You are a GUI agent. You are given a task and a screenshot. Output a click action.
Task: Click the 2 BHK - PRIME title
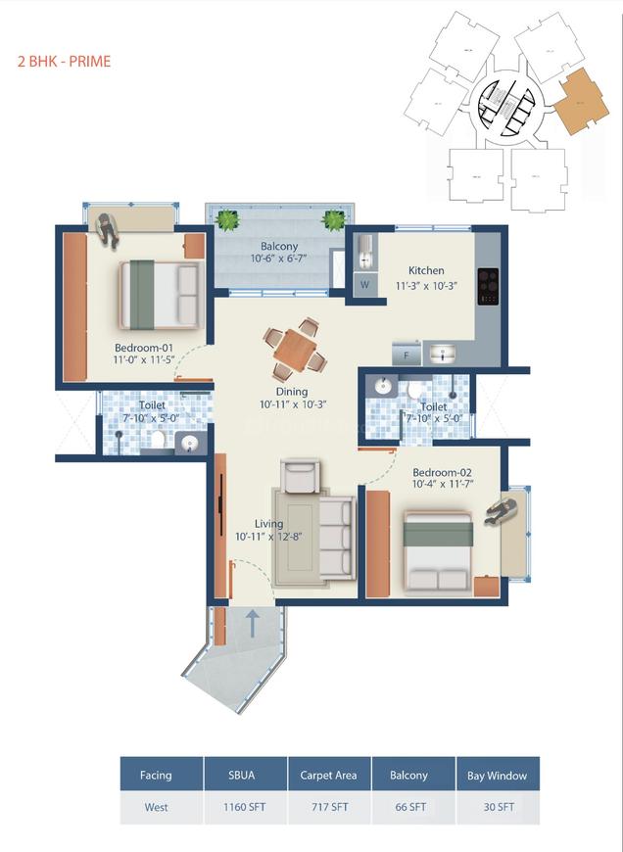[x=65, y=62]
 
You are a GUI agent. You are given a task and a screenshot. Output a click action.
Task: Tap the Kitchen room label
[x=426, y=270]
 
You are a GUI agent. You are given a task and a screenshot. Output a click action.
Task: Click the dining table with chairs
[x=295, y=349]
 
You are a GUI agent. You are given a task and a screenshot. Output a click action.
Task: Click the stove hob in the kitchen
[x=487, y=287]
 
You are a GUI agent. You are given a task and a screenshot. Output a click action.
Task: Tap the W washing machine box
[x=364, y=285]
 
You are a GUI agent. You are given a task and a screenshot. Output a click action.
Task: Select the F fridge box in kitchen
[x=405, y=356]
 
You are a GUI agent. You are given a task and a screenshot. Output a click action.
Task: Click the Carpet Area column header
[x=328, y=775]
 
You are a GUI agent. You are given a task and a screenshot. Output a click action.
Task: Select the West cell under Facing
[x=156, y=808]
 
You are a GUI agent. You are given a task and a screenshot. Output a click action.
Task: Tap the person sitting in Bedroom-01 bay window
[x=108, y=227]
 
